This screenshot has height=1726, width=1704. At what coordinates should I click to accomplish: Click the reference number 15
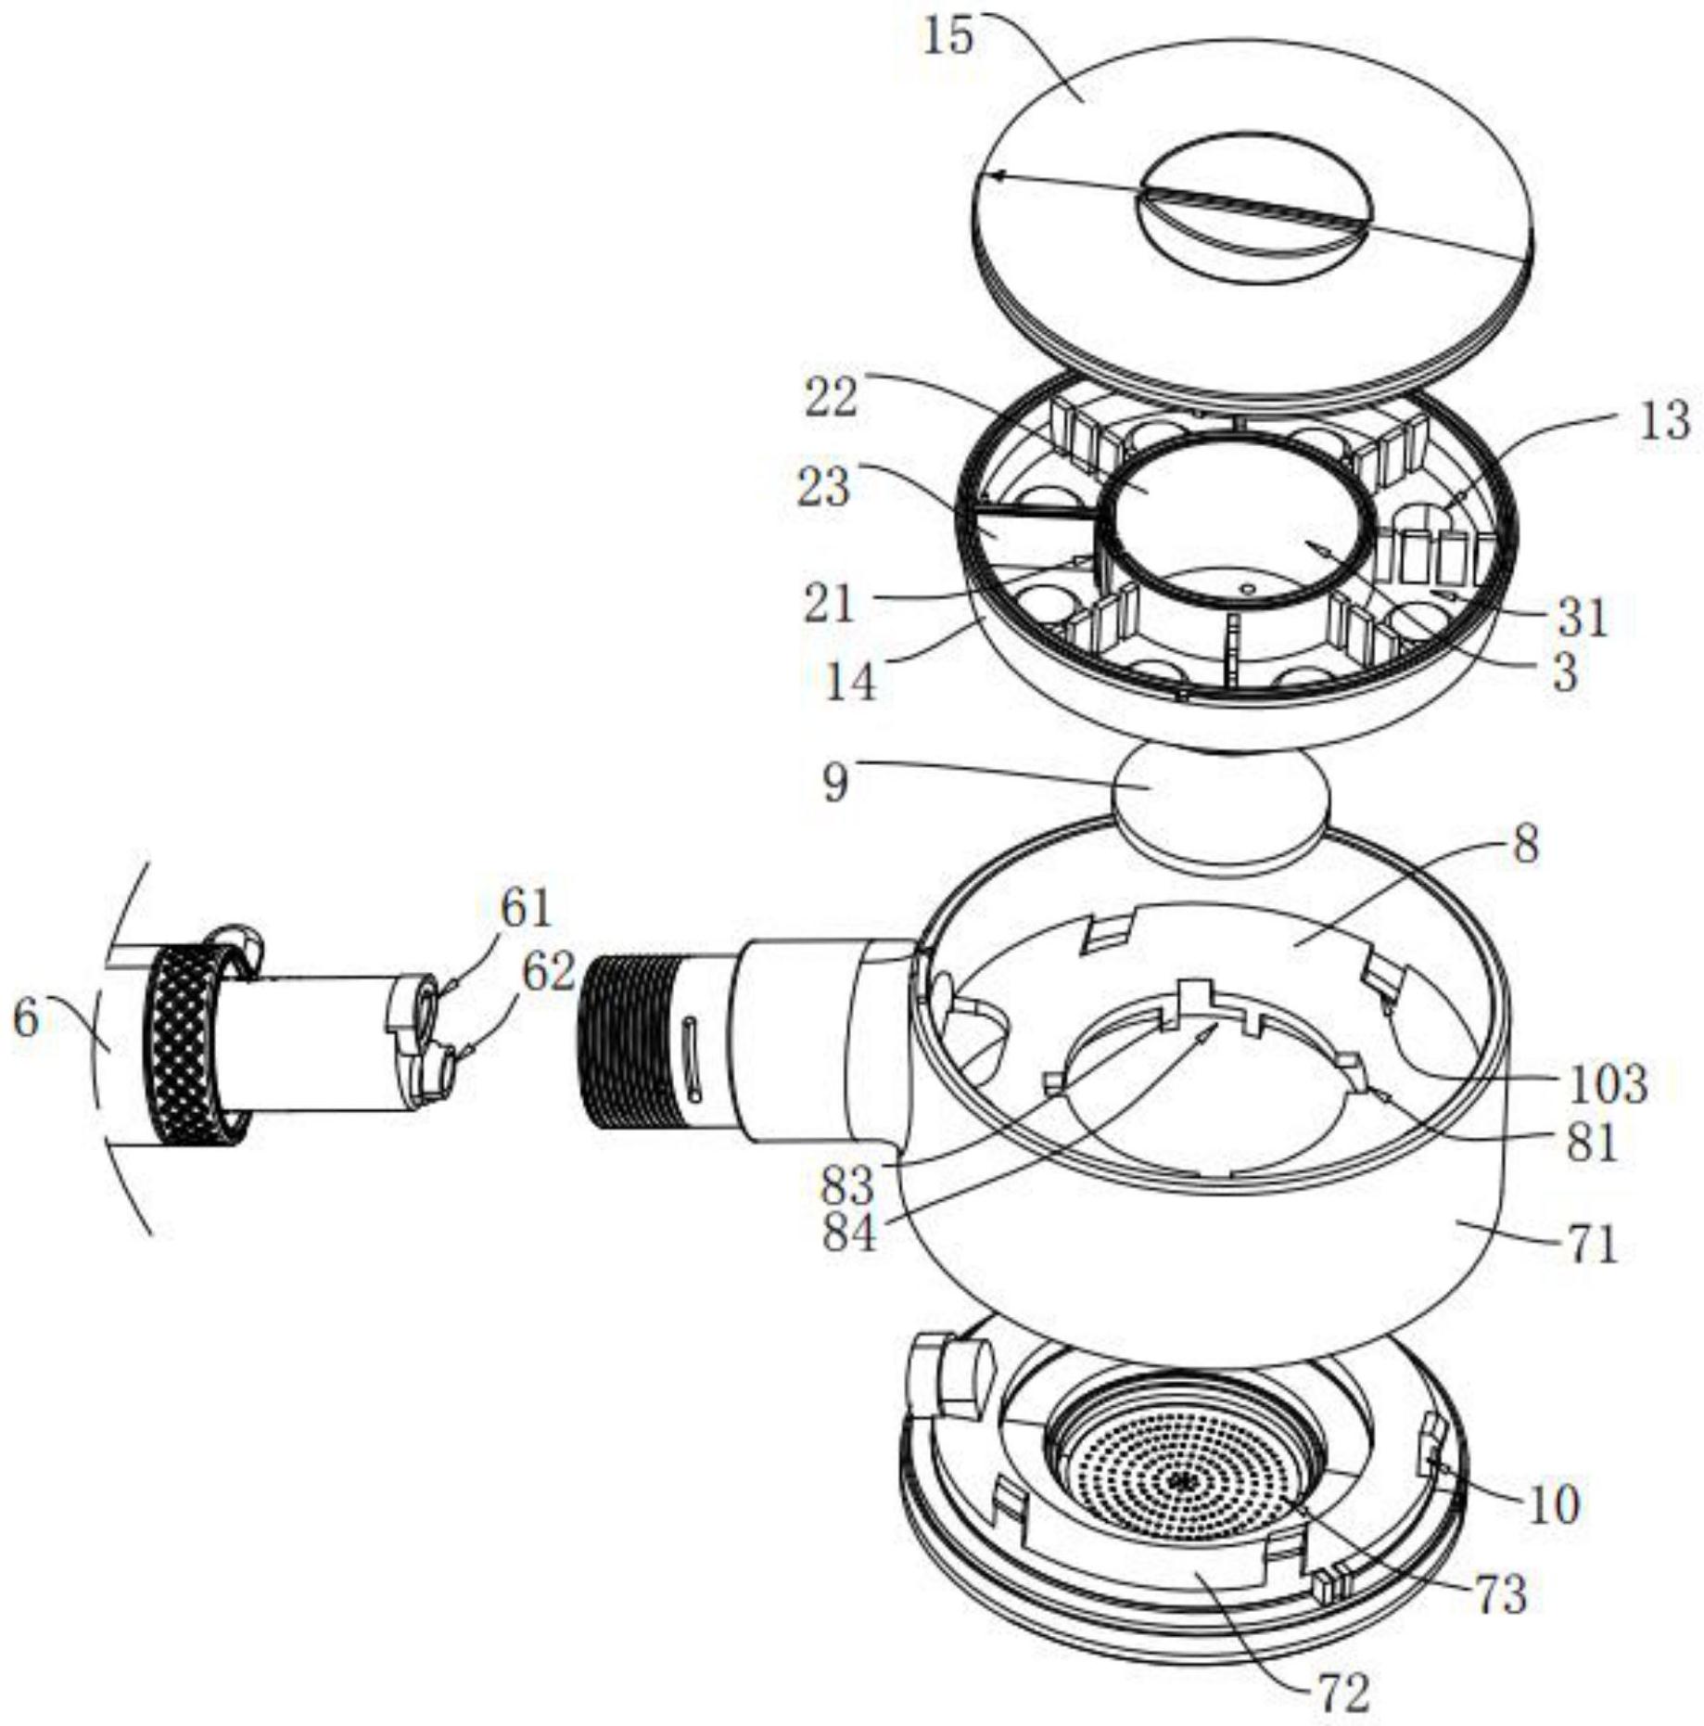(948, 37)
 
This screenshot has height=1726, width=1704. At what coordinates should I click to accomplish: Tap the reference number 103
(1609, 1083)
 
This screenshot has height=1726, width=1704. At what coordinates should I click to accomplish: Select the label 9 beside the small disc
(835, 784)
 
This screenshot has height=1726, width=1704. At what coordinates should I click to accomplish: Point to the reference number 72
(1344, 1694)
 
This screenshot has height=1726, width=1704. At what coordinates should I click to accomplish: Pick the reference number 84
(848, 1233)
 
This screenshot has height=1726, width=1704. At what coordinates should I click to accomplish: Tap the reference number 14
(850, 683)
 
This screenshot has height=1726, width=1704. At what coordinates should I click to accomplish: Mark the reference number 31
(1583, 616)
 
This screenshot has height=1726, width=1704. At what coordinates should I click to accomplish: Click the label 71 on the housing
(1592, 1245)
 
